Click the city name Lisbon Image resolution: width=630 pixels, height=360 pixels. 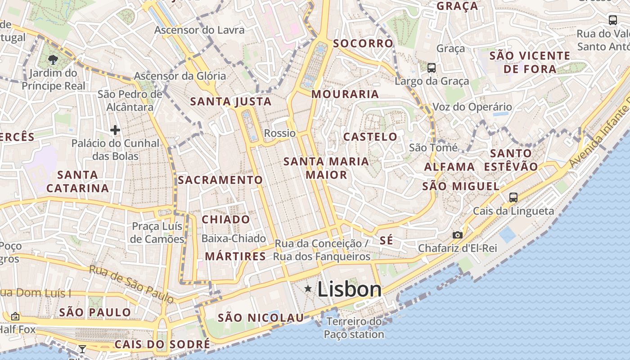(350, 289)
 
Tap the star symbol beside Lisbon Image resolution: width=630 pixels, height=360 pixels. (308, 288)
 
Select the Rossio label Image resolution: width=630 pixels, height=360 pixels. (280, 133)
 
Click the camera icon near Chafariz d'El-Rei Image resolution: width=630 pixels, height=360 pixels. (458, 235)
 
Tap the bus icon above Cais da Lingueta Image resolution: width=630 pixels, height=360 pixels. (513, 197)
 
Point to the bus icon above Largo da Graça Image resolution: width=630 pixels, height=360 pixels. (431, 68)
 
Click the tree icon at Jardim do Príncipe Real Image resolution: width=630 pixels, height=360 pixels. (53, 59)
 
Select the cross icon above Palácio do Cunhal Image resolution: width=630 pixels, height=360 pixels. (115, 130)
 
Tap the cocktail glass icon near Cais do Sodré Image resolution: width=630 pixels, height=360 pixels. (82, 349)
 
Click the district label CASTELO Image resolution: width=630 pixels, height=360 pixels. (370, 137)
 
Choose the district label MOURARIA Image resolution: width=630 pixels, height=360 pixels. (345, 94)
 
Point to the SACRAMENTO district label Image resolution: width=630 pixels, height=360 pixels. (220, 180)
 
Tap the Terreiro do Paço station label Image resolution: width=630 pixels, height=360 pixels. (354, 328)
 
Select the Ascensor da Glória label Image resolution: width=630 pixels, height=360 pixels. (180, 76)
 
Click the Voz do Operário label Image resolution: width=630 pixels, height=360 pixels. (472, 107)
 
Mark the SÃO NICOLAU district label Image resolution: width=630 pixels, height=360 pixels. (261, 318)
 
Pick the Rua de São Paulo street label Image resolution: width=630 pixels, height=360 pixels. (131, 283)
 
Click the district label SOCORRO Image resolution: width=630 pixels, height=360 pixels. (363, 44)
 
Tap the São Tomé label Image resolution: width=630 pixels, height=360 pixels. (433, 148)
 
